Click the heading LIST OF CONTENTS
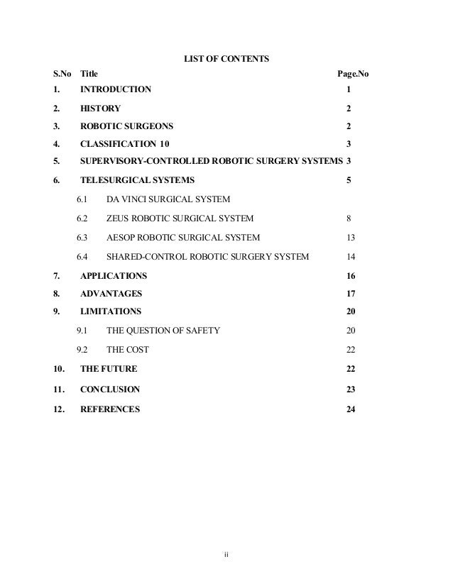(x=226, y=57)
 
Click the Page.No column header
(x=351, y=73)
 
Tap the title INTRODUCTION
(x=116, y=90)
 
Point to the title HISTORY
(x=100, y=109)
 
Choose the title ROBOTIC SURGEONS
(x=127, y=126)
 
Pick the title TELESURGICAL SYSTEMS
(x=137, y=180)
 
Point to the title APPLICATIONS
(x=114, y=275)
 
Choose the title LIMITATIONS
(x=111, y=311)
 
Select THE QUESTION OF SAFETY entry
(x=163, y=331)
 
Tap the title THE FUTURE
(x=109, y=369)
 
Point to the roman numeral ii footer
(x=226, y=555)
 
